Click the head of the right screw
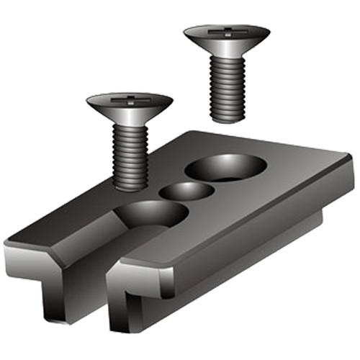point(226,40)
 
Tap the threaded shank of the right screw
point(228,86)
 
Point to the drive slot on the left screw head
point(130,100)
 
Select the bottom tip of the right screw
point(229,117)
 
